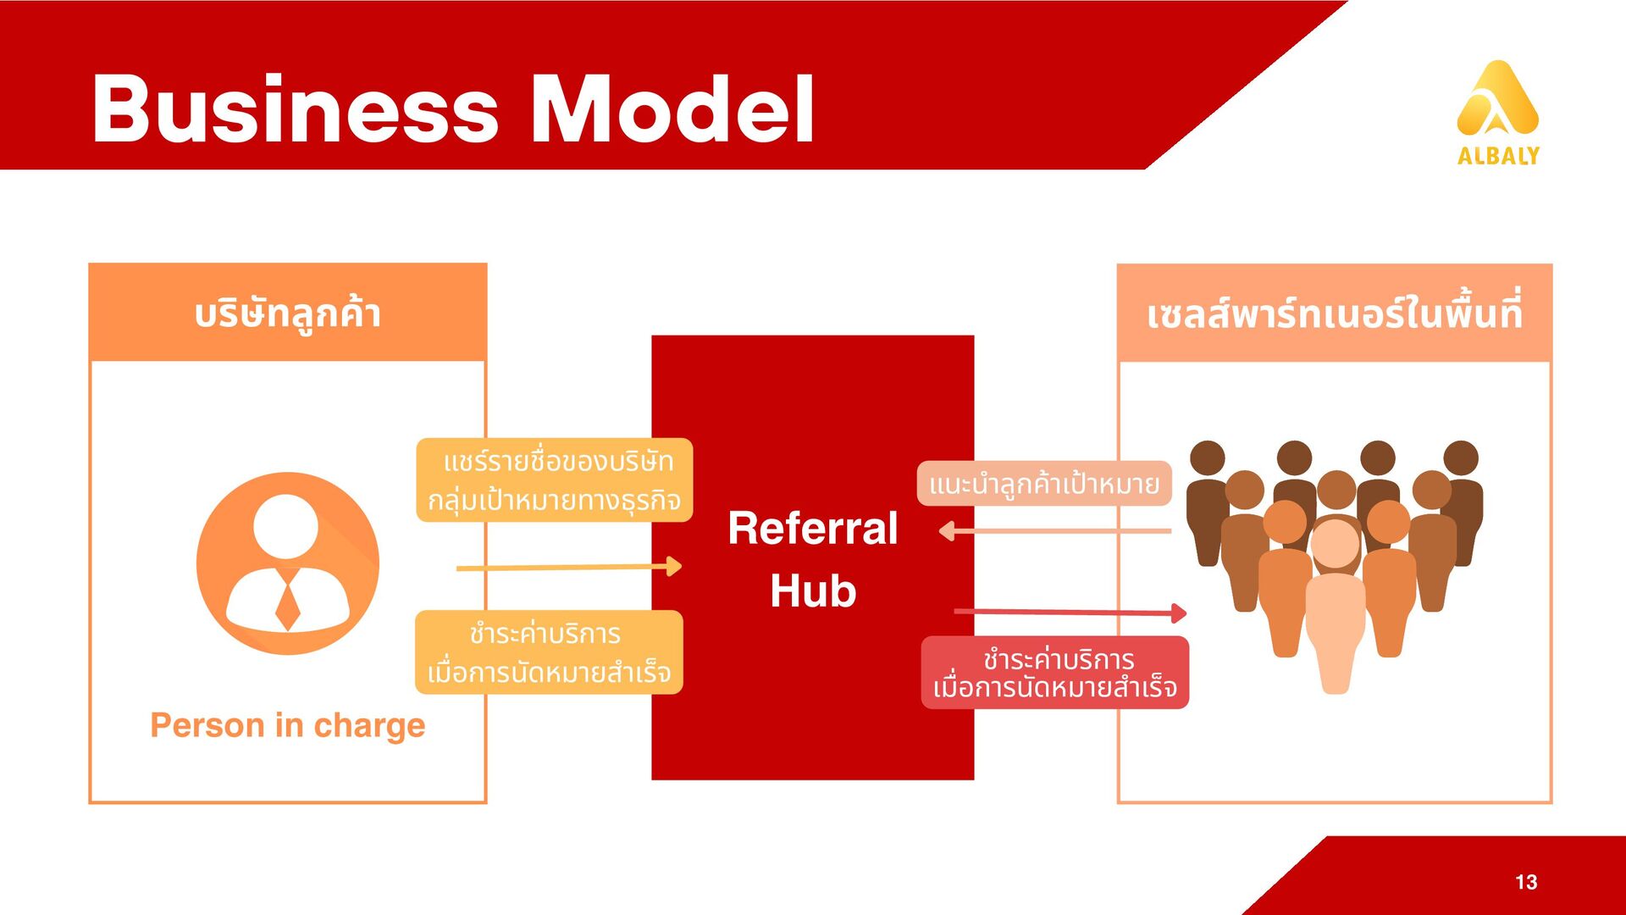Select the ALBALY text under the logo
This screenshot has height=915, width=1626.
(1498, 156)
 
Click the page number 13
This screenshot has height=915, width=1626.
(1526, 882)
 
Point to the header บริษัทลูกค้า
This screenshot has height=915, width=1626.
(288, 313)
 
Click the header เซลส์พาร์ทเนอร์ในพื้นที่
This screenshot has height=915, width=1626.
(1335, 313)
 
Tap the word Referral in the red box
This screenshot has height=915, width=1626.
(812, 528)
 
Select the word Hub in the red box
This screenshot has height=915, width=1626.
(813, 591)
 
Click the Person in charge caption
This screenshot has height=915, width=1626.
(288, 725)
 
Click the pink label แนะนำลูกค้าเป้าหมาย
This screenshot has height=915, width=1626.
(1044, 484)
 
